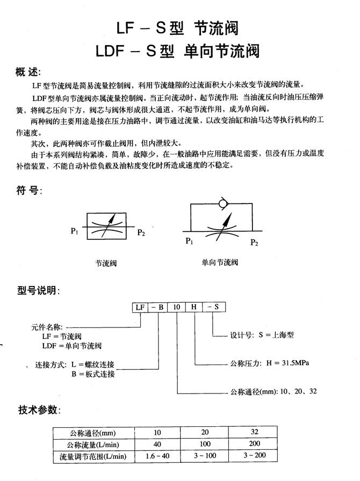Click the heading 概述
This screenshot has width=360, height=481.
28,72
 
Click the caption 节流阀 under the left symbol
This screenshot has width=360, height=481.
106,263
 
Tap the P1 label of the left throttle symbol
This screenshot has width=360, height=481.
75,231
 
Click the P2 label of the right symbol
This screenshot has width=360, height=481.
255,243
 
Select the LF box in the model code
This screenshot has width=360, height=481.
141,308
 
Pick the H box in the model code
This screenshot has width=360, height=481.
193,308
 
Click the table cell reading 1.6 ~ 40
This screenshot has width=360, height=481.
157,456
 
